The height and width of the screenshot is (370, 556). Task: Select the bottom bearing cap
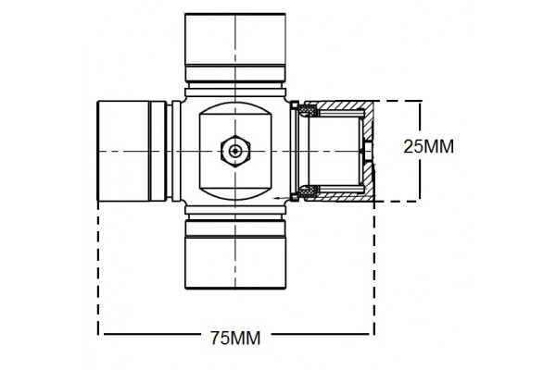(236, 263)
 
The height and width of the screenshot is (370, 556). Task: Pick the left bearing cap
(121, 150)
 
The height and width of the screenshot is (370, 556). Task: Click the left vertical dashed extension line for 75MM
(98, 268)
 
